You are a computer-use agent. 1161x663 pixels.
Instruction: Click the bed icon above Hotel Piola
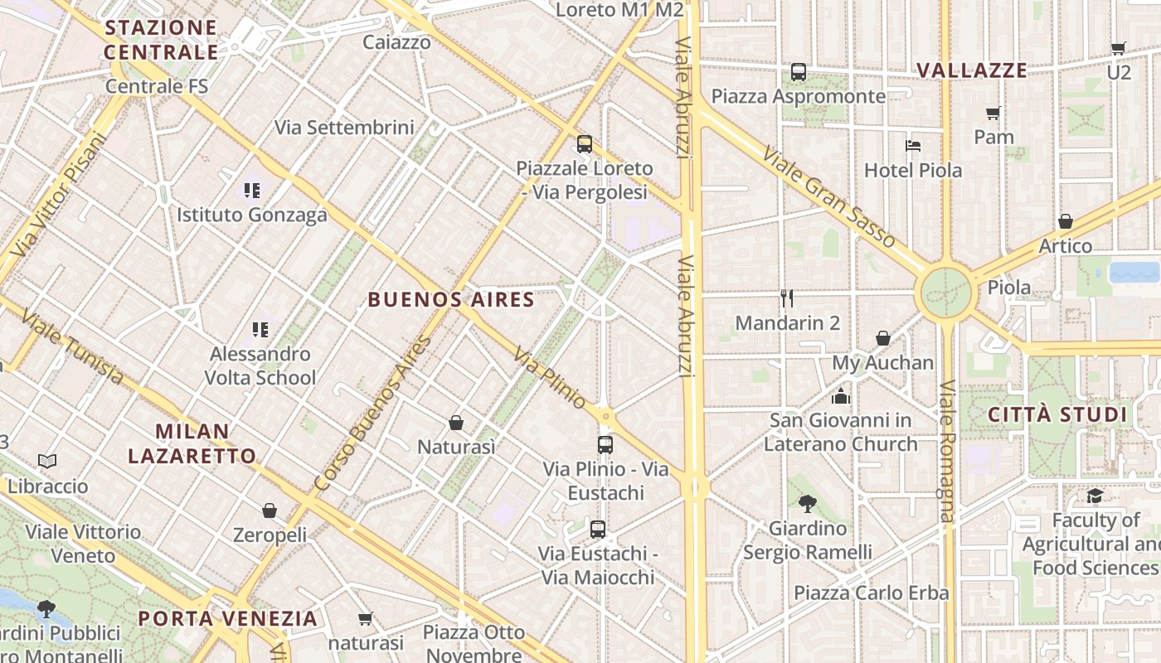click(912, 146)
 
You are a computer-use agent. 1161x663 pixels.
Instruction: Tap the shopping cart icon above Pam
click(993, 113)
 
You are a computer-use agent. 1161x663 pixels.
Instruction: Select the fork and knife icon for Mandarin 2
click(787, 298)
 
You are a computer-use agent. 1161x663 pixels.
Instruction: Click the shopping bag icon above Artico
click(1065, 221)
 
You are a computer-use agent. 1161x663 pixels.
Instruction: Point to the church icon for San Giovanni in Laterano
click(841, 396)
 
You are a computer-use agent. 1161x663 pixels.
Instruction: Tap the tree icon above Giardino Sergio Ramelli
click(807, 503)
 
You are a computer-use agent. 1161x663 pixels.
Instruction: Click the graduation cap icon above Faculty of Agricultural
click(1095, 496)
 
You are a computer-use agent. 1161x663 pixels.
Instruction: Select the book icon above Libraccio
click(47, 461)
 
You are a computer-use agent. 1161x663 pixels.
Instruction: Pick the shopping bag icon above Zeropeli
click(269, 511)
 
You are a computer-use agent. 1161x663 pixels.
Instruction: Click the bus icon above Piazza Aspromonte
click(798, 72)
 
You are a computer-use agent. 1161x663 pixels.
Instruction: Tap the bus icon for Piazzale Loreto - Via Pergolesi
click(585, 144)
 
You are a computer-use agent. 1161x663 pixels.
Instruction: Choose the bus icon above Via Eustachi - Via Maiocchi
click(597, 529)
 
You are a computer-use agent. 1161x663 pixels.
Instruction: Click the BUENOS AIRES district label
click(451, 300)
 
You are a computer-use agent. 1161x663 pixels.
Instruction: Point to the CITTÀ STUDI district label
click(1057, 414)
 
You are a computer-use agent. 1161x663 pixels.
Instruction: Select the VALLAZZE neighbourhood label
click(972, 70)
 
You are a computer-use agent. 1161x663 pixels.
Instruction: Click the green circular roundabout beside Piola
click(945, 293)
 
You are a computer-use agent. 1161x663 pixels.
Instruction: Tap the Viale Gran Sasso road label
click(828, 197)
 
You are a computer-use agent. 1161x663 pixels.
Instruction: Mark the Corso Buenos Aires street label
click(373, 413)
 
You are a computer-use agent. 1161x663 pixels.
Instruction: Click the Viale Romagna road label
click(947, 452)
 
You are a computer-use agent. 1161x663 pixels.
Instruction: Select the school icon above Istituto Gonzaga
click(252, 191)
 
